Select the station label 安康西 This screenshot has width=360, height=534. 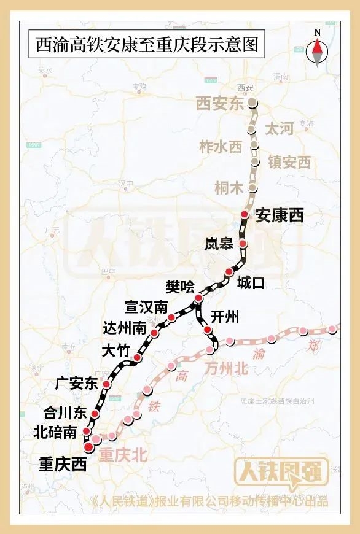(x=280, y=215)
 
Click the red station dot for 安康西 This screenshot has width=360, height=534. (x=245, y=214)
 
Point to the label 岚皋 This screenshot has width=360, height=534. (x=219, y=244)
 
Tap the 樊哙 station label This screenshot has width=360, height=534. (x=179, y=286)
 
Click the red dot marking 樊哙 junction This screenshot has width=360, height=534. (x=198, y=298)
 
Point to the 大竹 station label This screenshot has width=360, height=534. (x=115, y=351)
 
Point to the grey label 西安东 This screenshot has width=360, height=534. (x=220, y=104)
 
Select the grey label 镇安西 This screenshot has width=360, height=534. (x=289, y=162)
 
